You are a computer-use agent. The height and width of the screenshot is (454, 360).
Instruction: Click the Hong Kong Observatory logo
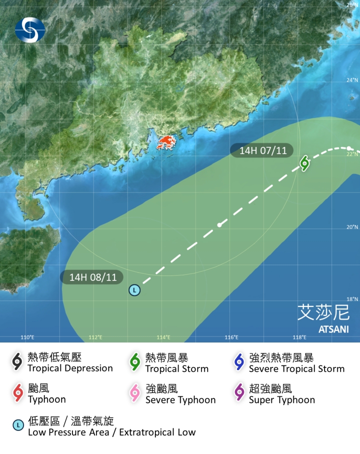tap(30, 29)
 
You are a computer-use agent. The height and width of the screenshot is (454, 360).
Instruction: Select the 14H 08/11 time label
tap(92, 277)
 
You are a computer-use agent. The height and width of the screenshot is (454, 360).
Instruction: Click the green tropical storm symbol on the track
tap(304, 162)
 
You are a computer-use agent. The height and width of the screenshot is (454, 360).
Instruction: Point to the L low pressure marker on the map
tap(134, 290)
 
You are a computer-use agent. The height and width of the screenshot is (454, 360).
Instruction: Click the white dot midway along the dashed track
tap(219, 225)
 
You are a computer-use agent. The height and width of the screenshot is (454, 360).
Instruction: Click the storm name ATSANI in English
tap(333, 330)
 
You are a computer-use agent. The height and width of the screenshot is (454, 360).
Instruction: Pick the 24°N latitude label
tap(352, 80)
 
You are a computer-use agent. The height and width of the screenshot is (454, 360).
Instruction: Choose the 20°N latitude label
tap(352, 226)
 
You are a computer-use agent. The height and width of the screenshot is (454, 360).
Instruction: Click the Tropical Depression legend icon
tap(17, 362)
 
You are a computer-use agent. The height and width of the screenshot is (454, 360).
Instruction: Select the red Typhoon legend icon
tap(18, 393)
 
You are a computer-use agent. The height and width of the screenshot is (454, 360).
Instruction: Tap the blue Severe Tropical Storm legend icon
tap(239, 362)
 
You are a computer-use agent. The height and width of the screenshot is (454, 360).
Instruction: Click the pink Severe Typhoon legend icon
tap(135, 393)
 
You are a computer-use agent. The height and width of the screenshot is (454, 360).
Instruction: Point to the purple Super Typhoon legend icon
tap(239, 393)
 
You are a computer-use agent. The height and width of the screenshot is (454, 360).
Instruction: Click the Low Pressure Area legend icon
tap(18, 425)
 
